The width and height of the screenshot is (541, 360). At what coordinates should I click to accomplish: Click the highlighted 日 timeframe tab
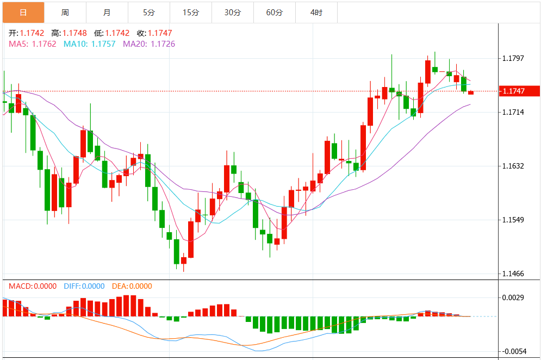[x=23, y=12]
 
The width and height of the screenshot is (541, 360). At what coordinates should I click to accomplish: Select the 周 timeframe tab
[x=65, y=12]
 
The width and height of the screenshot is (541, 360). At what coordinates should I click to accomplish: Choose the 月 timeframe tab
[x=107, y=12]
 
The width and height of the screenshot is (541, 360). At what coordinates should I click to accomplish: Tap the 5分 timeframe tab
[x=149, y=12]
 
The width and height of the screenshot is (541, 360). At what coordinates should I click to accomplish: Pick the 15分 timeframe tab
[x=191, y=12]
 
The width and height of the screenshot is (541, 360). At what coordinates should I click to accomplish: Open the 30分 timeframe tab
[x=233, y=12]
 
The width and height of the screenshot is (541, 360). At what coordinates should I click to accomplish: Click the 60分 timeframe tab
[x=275, y=12]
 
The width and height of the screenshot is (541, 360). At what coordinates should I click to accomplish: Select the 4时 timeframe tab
[x=316, y=12]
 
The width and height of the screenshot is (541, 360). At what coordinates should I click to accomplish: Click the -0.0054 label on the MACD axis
[x=513, y=351]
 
